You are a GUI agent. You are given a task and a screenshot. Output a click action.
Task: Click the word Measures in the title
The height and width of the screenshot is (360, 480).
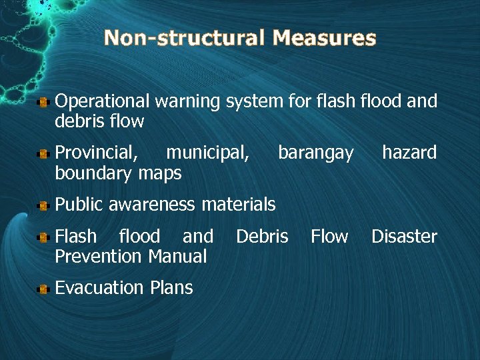(324, 38)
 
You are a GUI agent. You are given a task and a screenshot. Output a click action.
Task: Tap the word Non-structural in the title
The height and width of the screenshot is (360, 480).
(185, 38)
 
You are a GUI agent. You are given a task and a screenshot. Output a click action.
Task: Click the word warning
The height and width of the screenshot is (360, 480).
(187, 101)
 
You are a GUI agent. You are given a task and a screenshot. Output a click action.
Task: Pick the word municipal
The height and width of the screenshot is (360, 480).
(208, 153)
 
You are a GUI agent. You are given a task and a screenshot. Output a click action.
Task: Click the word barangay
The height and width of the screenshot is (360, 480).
(316, 153)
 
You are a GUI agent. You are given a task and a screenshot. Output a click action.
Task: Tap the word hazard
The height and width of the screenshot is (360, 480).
(409, 153)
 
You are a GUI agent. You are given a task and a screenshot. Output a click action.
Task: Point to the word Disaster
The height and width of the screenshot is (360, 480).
(404, 237)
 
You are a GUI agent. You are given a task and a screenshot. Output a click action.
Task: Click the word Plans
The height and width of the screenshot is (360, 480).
(171, 288)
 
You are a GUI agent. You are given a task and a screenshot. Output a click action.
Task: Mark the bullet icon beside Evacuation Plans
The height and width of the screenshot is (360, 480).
(43, 289)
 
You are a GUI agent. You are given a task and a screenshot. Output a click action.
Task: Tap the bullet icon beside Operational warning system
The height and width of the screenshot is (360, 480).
(43, 102)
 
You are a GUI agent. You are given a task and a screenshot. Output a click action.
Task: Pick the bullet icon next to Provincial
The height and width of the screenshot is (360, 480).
(43, 154)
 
